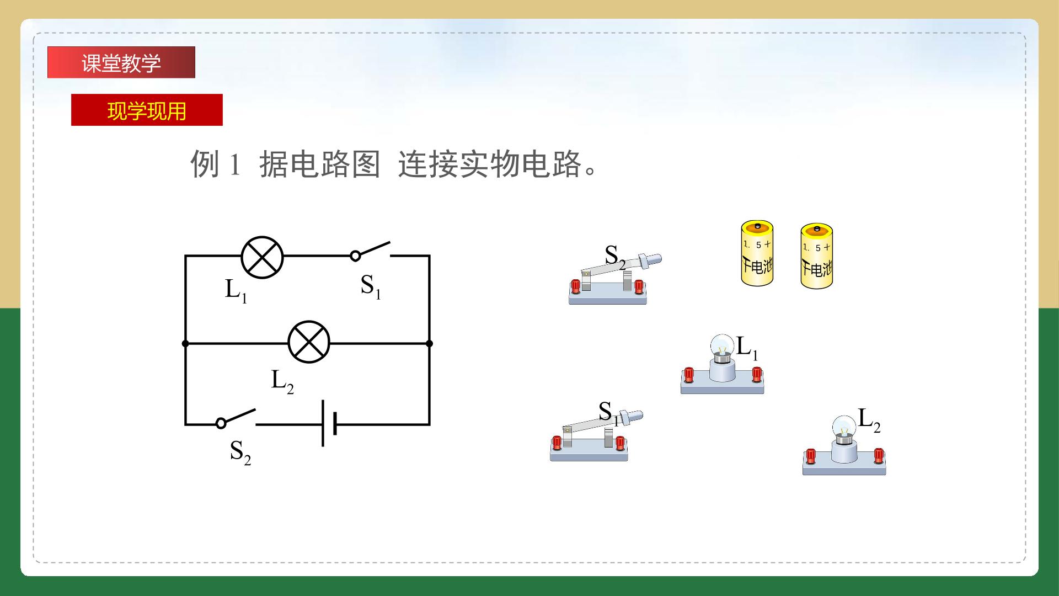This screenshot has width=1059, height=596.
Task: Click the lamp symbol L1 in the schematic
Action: (x=263, y=257)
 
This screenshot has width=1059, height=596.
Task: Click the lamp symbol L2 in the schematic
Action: (x=309, y=342)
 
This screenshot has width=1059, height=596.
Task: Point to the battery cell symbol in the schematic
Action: (x=329, y=424)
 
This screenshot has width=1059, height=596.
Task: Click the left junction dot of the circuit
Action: (x=185, y=343)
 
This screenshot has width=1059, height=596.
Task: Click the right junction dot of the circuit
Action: (x=429, y=343)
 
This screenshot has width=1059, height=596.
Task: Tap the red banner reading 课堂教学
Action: (x=121, y=62)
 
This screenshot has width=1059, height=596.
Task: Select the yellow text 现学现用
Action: (x=147, y=111)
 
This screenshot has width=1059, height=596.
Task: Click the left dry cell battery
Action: (x=757, y=253)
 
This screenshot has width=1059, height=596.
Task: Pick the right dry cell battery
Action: (x=817, y=256)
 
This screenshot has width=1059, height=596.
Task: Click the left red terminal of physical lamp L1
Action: (x=688, y=375)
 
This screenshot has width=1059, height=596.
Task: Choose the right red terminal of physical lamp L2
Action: (x=879, y=456)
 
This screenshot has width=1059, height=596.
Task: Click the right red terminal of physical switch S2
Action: (x=639, y=286)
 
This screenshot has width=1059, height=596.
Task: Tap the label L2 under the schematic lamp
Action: (x=282, y=381)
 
